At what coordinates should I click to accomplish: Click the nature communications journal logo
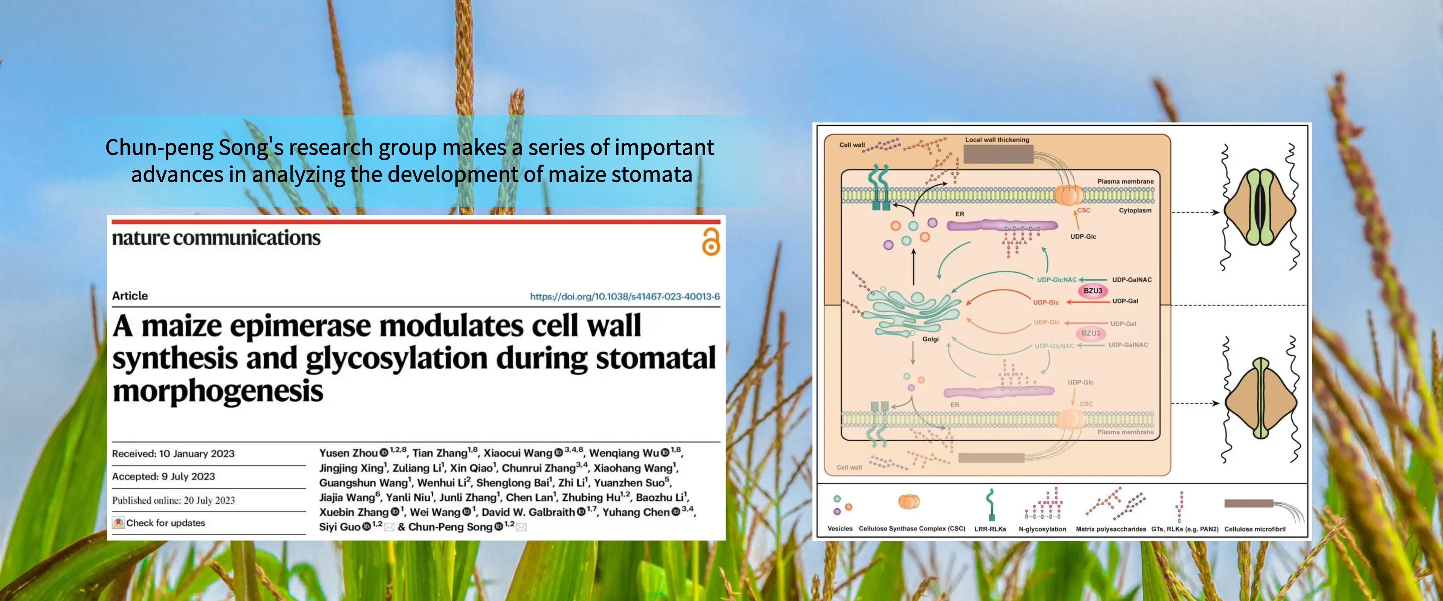[216, 238]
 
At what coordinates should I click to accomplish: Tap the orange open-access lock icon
[711, 242]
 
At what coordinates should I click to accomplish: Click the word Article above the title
[130, 296]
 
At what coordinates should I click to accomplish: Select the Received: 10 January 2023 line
[173, 454]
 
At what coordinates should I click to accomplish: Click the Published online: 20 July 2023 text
[174, 500]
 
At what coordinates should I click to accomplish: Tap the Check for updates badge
[159, 522]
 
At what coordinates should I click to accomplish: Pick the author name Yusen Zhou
[348, 453]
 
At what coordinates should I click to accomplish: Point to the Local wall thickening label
[997, 139]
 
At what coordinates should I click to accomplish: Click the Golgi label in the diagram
[930, 339]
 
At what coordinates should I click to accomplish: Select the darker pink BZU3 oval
[1092, 291]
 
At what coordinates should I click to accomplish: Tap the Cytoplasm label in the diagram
[1135, 211]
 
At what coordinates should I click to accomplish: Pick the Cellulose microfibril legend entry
[1255, 529]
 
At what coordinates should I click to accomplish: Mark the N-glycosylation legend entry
[1042, 529]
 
